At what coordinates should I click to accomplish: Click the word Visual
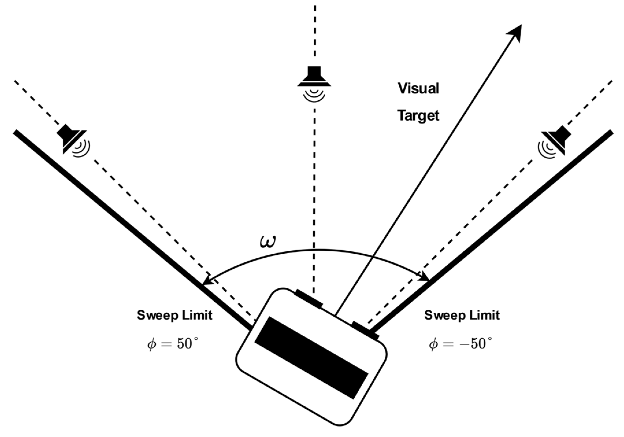418,88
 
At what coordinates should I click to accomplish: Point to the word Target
418,116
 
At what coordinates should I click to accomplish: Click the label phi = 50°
173,344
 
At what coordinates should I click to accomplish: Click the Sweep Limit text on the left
174,315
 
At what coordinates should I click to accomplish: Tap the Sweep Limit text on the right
462,315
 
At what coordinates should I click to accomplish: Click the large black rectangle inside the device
311,358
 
